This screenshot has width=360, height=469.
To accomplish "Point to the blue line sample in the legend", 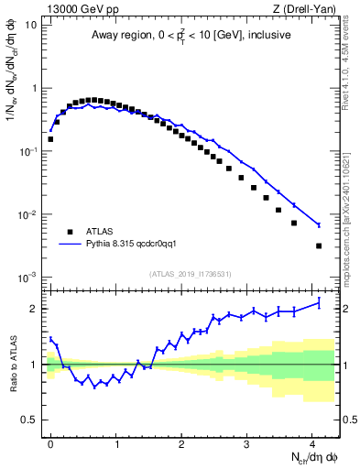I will coord(70,245).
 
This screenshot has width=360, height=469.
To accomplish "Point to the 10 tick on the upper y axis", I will coord(31,25).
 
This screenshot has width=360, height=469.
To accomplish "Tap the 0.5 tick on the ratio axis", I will coord(28,420).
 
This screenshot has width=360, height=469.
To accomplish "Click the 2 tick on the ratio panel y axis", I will coord(33,309).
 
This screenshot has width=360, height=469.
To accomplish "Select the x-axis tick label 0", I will coord(50,445).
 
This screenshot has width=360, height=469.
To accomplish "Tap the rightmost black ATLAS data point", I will coord(319,245).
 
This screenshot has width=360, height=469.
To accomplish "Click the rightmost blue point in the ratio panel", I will coord(319,302).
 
